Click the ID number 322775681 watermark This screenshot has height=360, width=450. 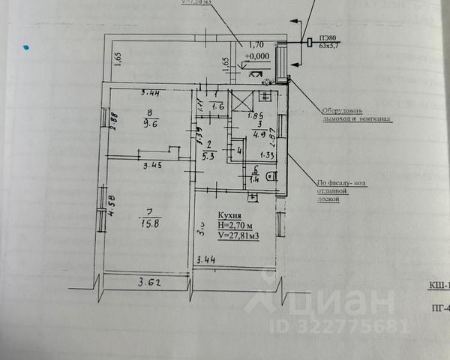346,326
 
